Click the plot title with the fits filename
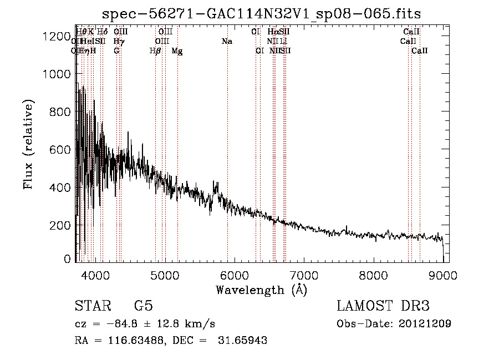(266, 14)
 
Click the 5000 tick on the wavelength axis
(165, 275)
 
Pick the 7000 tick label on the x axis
(304, 275)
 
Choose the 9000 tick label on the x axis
(443, 275)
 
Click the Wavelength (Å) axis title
(261, 290)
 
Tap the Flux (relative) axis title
(28, 144)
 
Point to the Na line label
(226, 42)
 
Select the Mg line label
(177, 51)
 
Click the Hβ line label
(155, 51)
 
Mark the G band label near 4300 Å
(116, 51)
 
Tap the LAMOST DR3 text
(383, 306)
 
